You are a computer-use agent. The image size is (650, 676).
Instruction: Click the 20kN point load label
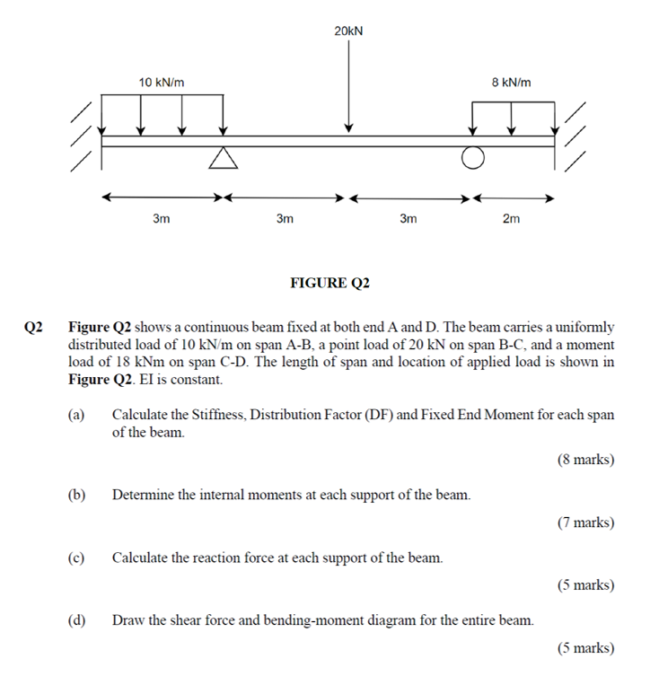point(348,31)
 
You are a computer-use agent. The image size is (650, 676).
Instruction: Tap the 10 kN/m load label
point(162,83)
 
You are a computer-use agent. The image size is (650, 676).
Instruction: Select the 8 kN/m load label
point(511,83)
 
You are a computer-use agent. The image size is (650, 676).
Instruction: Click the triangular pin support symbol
point(224,158)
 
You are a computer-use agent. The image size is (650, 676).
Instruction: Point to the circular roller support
point(473,159)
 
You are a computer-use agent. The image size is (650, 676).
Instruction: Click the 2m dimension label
point(511,218)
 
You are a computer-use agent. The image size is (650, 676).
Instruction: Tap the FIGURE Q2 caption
point(330,283)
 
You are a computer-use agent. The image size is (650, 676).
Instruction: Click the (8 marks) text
point(585,460)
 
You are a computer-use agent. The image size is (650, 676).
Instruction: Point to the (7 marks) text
point(585,522)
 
